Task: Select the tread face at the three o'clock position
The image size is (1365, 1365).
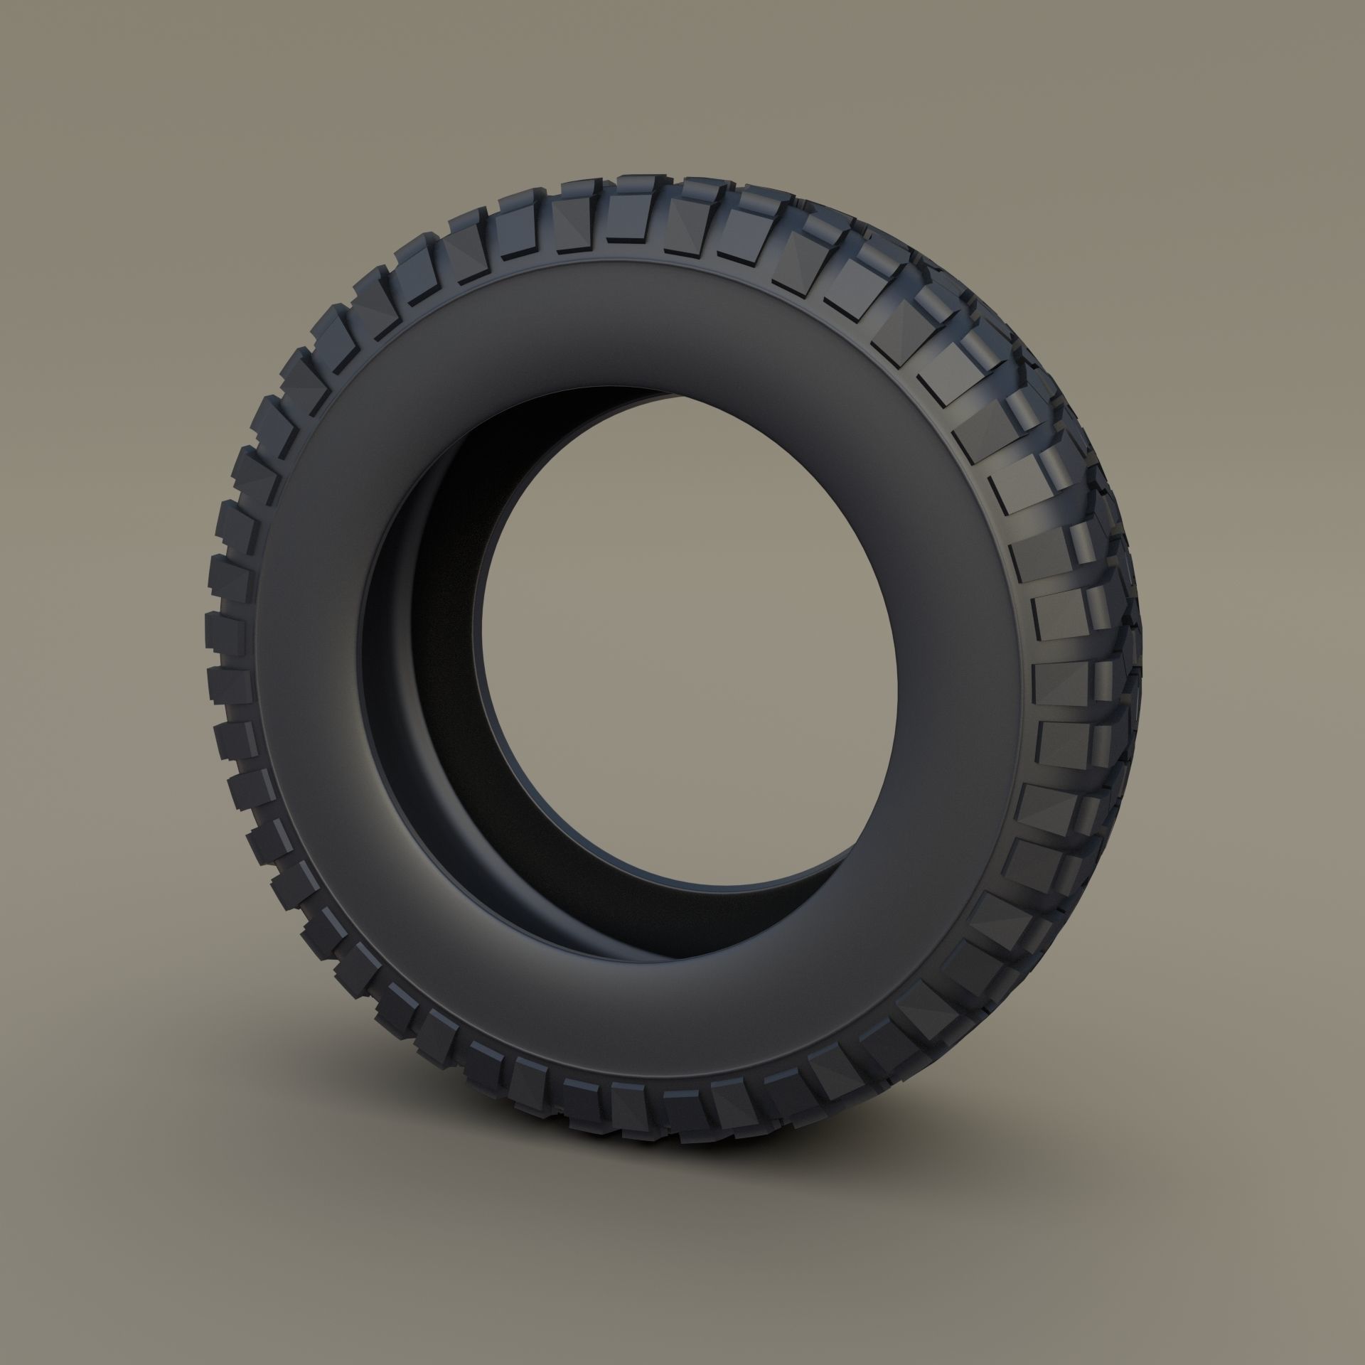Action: pos(1059,682)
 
